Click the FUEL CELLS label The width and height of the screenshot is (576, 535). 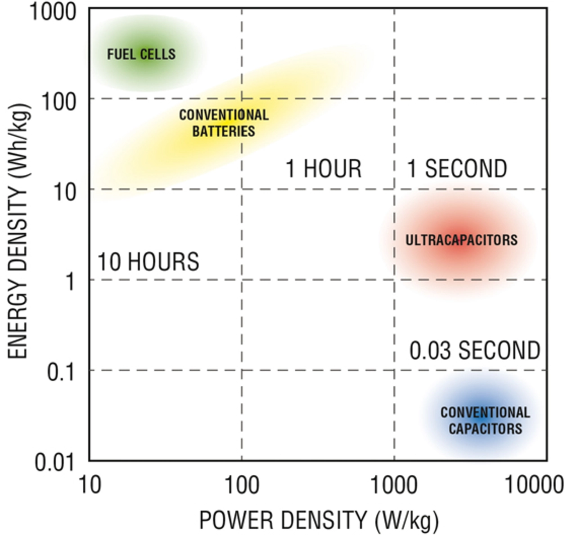tap(141, 54)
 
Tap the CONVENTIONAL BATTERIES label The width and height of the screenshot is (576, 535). tap(224, 123)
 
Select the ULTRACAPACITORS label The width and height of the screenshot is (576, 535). tap(461, 240)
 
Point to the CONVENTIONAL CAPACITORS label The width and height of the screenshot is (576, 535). tap(485, 420)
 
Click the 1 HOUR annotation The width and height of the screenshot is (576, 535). tap(324, 169)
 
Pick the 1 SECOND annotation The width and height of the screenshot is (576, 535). tap(457, 169)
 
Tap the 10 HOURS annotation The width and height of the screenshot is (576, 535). tap(148, 262)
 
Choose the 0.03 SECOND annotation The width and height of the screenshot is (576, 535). tap(475, 351)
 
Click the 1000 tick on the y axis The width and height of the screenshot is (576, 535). tap(53, 12)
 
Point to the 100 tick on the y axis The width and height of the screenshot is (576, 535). tap(58, 102)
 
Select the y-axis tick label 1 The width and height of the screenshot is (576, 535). tap(70, 282)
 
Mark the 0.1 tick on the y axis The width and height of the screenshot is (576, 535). tap(61, 372)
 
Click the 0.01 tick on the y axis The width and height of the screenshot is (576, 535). tap(54, 462)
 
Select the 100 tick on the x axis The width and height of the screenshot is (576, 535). tap(242, 485)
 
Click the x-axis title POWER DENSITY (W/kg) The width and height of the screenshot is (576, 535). tap(319, 521)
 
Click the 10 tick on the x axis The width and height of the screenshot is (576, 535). tap(90, 485)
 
